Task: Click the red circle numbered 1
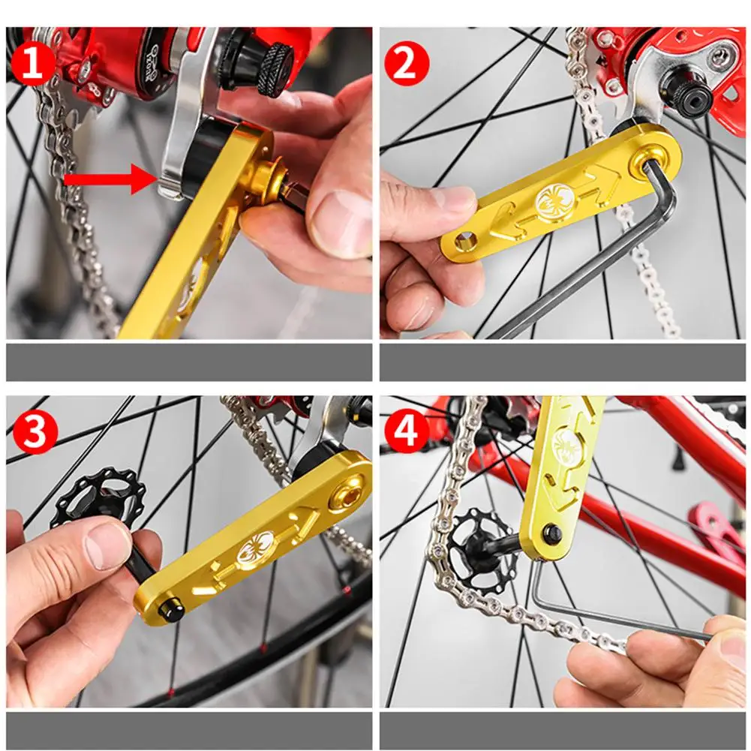(32, 63)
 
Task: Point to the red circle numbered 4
(407, 431)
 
